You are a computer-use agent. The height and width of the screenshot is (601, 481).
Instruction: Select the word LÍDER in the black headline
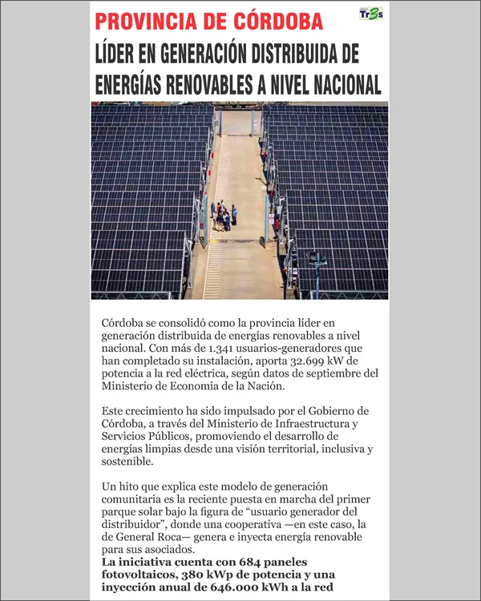tap(119, 54)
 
